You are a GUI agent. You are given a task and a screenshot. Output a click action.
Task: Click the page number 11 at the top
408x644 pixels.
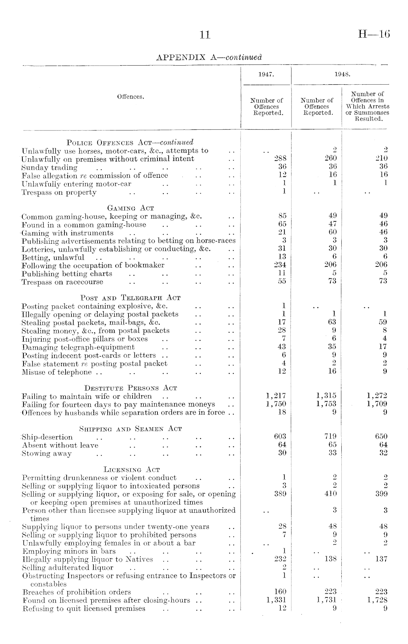tap(205, 35)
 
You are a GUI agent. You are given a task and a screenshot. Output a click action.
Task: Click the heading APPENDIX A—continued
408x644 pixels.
tap(209, 57)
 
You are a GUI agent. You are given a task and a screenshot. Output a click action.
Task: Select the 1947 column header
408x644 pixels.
tap(266, 74)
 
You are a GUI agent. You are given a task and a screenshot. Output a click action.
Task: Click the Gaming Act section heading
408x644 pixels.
tap(131, 208)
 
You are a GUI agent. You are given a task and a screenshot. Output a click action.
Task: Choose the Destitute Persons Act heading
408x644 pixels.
tap(131, 388)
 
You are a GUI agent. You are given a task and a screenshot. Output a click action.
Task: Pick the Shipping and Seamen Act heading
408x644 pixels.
tap(130, 428)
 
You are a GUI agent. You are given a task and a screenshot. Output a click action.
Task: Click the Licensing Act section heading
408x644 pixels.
tap(132, 470)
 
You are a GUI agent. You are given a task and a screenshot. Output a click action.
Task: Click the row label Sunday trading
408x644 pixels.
tap(49, 168)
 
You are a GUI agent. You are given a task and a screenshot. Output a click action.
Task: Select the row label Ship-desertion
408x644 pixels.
tap(47, 437)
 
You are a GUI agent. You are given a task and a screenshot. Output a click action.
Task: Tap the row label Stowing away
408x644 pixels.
tap(47, 453)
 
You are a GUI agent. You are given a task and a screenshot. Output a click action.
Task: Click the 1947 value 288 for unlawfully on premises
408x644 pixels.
tap(281, 159)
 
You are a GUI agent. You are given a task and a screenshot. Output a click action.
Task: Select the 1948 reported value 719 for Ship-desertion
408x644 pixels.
tap(331, 437)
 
